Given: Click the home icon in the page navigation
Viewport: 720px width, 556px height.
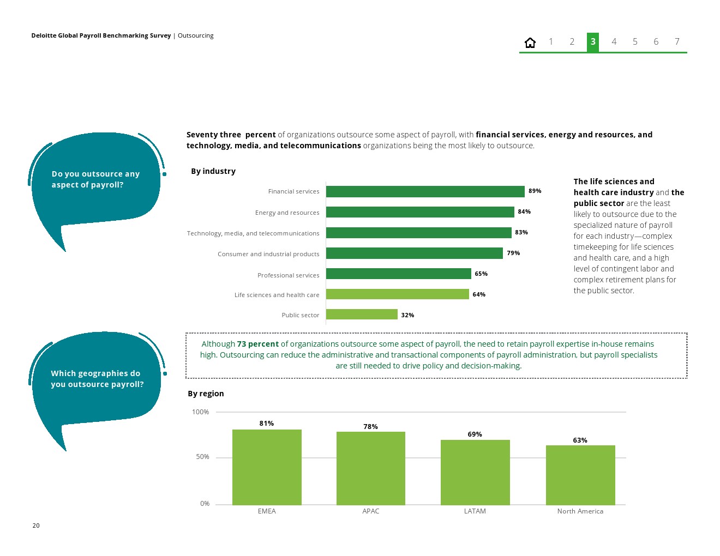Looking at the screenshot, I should coord(530,43).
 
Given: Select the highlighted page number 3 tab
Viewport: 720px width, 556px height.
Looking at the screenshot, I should coord(593,42).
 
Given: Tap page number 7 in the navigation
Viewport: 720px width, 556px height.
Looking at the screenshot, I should coord(677,42).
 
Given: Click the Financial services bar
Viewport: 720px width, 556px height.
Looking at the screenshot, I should coord(425,191).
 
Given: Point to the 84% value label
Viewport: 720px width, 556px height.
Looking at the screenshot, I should coord(524,212).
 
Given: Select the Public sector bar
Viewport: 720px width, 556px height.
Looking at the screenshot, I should coord(362,315).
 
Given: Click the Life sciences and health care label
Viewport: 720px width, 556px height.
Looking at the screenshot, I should coord(277,295).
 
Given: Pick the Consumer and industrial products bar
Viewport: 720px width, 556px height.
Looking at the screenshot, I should coord(414,253).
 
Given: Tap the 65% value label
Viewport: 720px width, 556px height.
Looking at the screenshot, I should coord(481,274).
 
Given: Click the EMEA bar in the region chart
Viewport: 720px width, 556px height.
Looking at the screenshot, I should coord(267,467).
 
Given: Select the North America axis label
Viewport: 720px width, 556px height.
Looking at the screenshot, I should coord(580,511).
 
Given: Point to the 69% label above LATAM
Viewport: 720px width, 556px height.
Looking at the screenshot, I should coord(475,434).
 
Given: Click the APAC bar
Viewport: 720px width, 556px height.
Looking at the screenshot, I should coord(371,468).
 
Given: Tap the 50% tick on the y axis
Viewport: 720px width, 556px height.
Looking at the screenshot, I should coord(202,457).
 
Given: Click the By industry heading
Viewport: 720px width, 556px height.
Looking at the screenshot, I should coord(213,171).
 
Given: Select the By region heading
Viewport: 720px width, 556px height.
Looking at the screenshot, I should coord(206,394).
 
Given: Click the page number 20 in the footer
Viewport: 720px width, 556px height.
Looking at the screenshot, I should coord(36,525).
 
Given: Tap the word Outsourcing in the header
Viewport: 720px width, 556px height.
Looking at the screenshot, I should coord(195,36).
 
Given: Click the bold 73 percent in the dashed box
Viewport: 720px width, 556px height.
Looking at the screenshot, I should coord(257,344).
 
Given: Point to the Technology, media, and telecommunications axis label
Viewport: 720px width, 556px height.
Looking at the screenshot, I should coord(253,233).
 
